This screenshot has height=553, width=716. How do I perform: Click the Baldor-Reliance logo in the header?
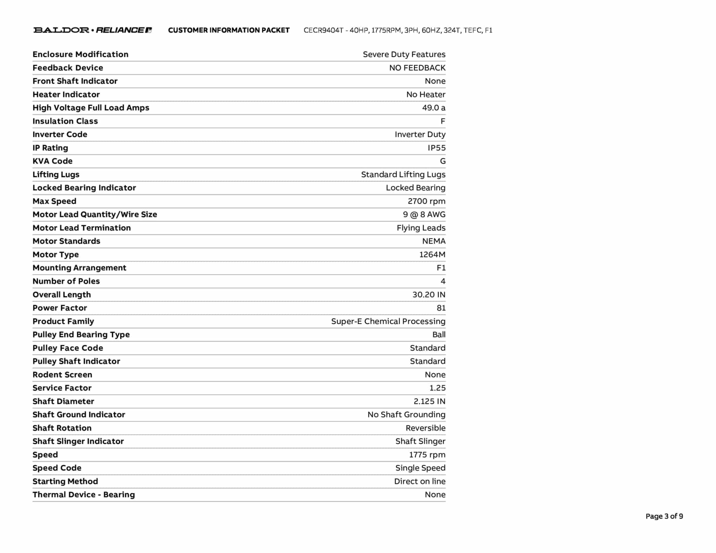click(x=92, y=30)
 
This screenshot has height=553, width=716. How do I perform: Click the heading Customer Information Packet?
click(x=229, y=30)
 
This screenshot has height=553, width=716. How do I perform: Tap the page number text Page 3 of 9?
click(x=664, y=516)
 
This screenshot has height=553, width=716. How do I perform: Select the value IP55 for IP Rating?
click(x=436, y=148)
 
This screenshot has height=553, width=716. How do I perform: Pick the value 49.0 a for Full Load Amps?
click(x=434, y=108)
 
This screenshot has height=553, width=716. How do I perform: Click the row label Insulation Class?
click(x=65, y=121)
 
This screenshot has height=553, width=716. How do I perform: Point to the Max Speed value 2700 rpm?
click(x=426, y=201)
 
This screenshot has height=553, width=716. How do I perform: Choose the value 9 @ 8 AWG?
click(x=424, y=215)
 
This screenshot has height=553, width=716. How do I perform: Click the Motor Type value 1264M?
click(x=432, y=254)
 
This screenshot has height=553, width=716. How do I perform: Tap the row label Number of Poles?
click(x=66, y=281)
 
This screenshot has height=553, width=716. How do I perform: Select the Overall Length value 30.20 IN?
click(x=429, y=295)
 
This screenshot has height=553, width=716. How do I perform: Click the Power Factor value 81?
click(x=441, y=308)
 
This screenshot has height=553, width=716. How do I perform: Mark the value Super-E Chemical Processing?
click(x=388, y=321)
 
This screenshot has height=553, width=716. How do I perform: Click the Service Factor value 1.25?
click(x=437, y=388)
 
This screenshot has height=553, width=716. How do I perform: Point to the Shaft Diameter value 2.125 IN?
click(x=429, y=401)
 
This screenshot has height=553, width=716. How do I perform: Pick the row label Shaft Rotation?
click(x=62, y=428)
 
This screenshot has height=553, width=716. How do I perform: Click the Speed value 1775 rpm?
click(x=427, y=455)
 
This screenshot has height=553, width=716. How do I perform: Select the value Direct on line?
click(x=420, y=481)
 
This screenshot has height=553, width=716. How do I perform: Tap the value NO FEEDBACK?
click(x=417, y=68)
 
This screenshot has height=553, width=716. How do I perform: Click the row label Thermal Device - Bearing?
click(x=84, y=495)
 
